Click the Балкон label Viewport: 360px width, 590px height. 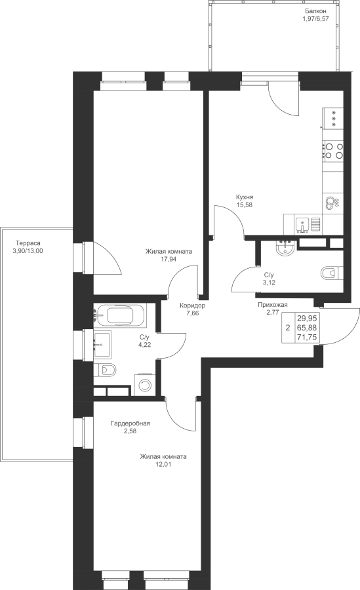(314, 11)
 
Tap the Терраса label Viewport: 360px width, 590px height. (28, 243)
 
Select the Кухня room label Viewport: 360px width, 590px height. (245, 197)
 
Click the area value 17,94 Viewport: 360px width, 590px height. (169, 259)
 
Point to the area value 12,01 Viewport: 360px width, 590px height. (163, 464)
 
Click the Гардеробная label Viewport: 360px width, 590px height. (130, 423)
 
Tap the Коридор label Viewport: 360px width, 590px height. (192, 305)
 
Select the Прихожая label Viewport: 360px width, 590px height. (273, 305)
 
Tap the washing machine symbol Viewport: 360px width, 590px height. (145, 385)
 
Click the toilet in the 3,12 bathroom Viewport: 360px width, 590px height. (332, 272)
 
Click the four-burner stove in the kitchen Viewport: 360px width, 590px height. (334, 150)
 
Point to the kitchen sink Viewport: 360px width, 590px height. (302, 225)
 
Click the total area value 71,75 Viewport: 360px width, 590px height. (307, 337)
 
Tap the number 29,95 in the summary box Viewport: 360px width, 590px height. (307, 317)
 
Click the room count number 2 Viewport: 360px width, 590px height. (288, 328)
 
